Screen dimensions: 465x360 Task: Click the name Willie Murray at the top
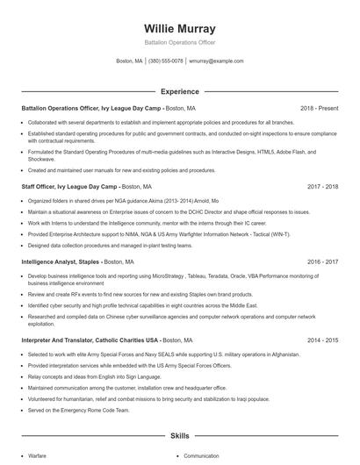[179, 29]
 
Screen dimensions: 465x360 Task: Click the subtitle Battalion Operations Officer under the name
[179, 43]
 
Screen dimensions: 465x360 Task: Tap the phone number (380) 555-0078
[166, 61]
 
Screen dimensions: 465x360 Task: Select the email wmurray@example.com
[216, 61]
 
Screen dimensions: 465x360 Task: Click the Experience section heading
[179, 91]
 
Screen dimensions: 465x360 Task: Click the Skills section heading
[179, 435]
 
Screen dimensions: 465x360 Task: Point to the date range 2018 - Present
[318, 108]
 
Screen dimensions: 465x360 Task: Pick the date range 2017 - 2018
[321, 187]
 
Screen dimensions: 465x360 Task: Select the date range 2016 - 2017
[321, 262]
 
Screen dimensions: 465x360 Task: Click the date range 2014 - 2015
[321, 340]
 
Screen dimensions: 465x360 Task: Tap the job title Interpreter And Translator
[70, 340]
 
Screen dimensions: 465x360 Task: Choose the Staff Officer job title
[45, 187]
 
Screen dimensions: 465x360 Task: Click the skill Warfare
[38, 456]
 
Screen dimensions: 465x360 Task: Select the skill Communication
[201, 456]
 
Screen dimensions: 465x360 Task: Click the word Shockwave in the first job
[42, 159]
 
